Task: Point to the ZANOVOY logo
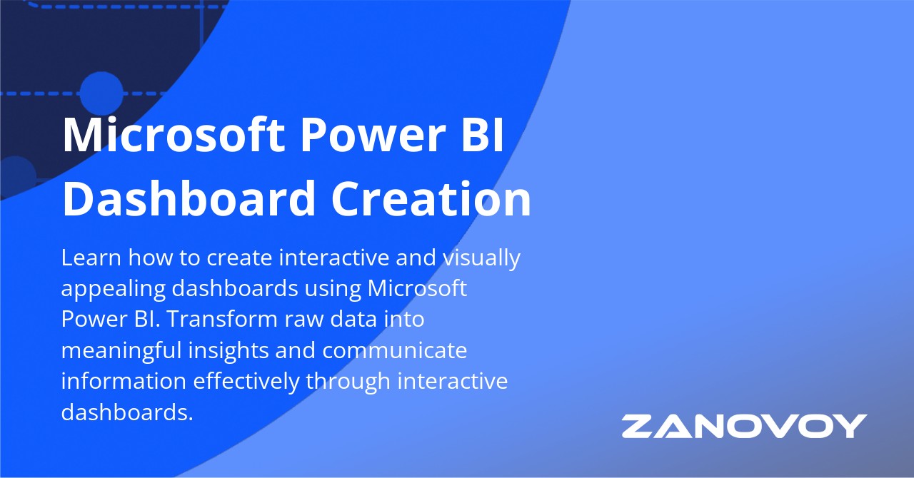pyautogui.click(x=744, y=426)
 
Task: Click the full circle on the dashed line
pyautogui.click(x=101, y=93)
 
